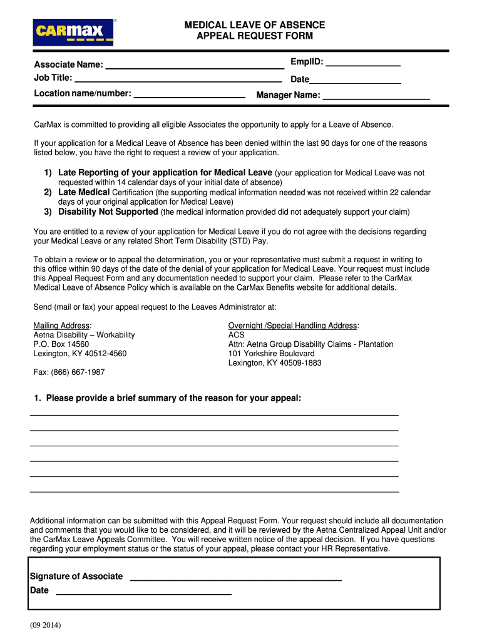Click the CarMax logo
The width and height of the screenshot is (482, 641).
(x=74, y=32)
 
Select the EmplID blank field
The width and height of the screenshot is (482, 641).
(x=363, y=63)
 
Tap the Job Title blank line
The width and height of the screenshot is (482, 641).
(x=178, y=79)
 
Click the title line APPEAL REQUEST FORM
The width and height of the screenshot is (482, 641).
(x=254, y=36)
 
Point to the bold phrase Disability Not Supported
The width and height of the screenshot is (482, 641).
(x=108, y=212)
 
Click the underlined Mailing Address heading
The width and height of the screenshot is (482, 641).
(x=62, y=326)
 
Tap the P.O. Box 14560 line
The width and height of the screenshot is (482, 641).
(x=61, y=344)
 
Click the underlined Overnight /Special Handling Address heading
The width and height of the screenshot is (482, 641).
(x=293, y=326)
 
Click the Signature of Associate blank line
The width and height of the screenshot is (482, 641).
(x=235, y=577)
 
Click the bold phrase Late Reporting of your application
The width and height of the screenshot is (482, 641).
(x=165, y=172)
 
